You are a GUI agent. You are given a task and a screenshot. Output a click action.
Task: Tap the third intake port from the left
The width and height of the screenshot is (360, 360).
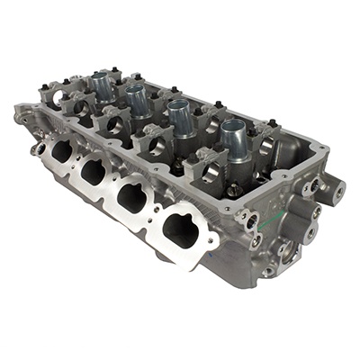tap(132, 193)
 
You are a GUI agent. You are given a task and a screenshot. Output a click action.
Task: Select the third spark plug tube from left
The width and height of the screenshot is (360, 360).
tap(179, 116)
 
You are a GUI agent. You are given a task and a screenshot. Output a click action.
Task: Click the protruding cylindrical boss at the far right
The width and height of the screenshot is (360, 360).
tap(336, 189)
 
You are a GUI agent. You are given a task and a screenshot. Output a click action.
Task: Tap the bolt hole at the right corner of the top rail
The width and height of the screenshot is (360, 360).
tap(312, 147)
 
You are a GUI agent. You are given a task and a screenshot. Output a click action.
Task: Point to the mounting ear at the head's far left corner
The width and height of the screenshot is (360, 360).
tap(22, 115)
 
